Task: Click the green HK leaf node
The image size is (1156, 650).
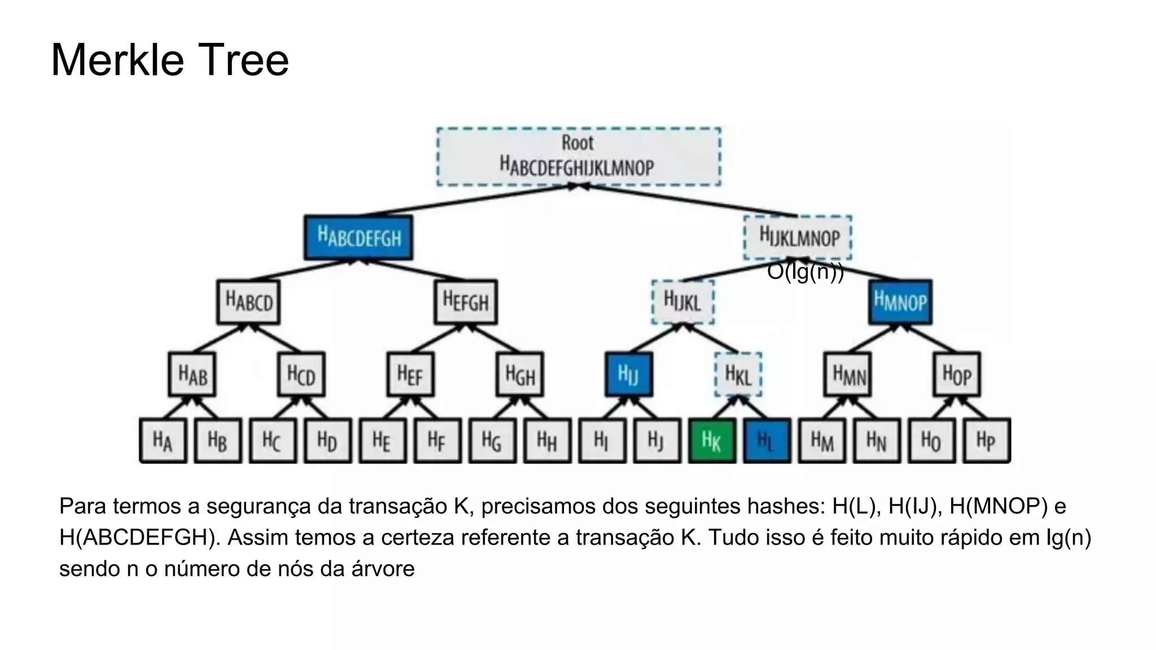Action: coord(712,441)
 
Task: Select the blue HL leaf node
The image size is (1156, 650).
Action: coord(767,441)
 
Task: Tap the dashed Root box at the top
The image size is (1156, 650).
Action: coord(579,156)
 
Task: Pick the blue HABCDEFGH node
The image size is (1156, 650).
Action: coord(358,238)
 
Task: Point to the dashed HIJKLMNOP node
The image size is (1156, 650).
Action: coord(798,237)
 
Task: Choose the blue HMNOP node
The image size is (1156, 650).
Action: coord(900,302)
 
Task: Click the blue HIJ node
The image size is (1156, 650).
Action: coord(628,375)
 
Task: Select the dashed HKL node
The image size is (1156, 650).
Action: coord(738,375)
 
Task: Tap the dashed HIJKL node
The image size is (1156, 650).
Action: coord(682,302)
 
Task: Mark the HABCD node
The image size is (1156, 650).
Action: coord(248,302)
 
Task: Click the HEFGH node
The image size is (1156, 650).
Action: coord(466,302)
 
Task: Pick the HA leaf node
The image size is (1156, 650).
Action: coord(163,441)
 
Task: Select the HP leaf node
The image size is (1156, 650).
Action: coord(986,441)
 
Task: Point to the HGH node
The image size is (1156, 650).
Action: coord(520,375)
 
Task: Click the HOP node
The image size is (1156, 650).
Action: coord(956,375)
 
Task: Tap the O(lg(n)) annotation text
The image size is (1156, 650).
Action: coord(805,272)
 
